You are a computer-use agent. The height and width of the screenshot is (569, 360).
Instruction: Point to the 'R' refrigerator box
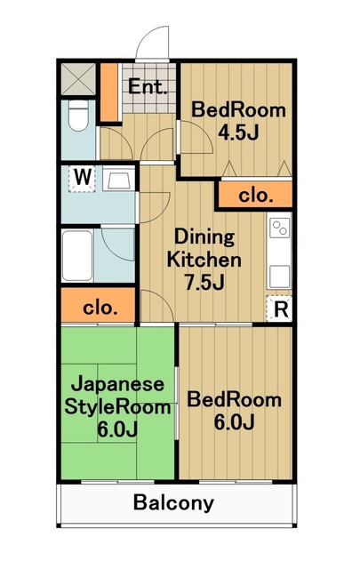point(280,309)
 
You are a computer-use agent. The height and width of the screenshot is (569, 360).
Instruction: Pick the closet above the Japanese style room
point(98,309)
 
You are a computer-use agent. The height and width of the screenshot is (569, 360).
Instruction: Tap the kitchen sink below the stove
point(280,275)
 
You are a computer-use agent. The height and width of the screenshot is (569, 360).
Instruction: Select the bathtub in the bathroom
point(76,257)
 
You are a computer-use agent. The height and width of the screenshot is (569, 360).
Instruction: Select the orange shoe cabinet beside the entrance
point(108,92)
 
